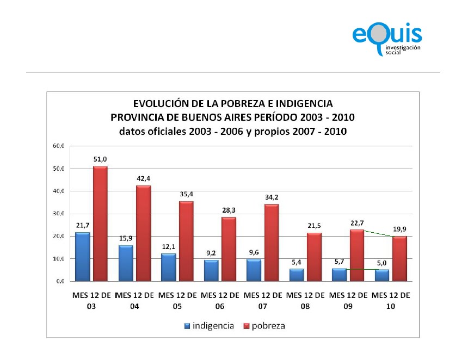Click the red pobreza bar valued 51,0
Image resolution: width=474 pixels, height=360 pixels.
click(100, 224)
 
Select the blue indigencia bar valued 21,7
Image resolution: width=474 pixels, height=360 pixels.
click(82, 257)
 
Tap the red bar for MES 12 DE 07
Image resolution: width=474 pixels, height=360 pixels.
click(271, 242)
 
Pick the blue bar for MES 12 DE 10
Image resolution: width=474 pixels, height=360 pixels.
click(381, 275)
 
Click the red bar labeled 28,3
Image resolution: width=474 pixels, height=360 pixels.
click(228, 249)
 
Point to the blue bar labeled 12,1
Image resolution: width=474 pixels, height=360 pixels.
click(168, 268)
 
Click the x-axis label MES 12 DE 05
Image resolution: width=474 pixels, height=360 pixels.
click(177, 301)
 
